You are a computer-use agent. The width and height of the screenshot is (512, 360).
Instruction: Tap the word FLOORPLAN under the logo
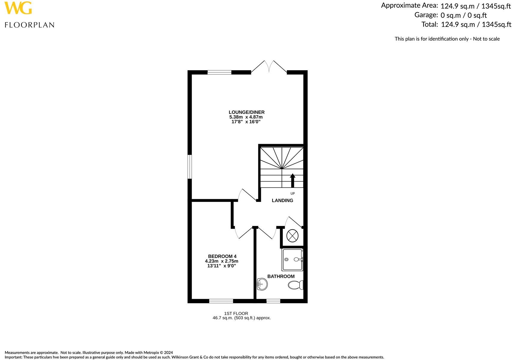(29, 25)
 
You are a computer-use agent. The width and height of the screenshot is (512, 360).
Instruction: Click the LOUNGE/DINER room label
(246, 112)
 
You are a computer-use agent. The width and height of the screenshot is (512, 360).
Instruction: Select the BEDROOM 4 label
(222, 256)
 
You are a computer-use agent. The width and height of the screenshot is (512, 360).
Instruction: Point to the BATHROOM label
(281, 276)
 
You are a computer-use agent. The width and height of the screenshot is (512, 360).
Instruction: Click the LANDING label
(282, 200)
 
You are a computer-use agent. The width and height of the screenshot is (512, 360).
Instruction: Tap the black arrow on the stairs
(292, 180)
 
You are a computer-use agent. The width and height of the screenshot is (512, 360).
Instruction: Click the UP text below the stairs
(292, 194)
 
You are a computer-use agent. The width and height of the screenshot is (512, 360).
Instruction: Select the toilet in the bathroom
(296, 285)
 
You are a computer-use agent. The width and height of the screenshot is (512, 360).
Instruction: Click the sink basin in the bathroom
(262, 284)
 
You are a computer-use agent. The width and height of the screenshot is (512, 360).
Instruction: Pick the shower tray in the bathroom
(292, 260)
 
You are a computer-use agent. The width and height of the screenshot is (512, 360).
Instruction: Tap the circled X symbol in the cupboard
(292, 236)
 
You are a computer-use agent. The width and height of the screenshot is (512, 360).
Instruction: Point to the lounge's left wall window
(190, 166)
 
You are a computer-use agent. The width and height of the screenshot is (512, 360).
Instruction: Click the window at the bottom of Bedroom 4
(221, 301)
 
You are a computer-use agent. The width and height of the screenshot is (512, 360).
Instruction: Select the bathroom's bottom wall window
(273, 301)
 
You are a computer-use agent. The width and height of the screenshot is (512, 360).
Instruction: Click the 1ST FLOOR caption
(236, 313)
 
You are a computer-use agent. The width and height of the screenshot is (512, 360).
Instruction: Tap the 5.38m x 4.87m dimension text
(246, 117)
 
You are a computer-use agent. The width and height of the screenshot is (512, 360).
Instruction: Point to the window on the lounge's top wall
(219, 72)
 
